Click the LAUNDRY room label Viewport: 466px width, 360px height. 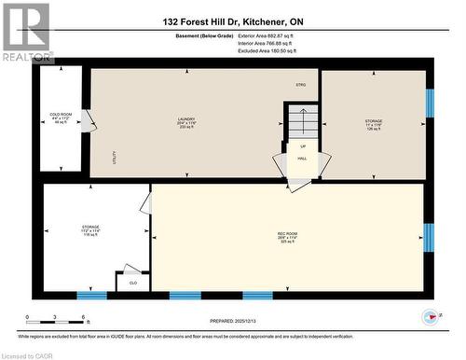coord(185,118)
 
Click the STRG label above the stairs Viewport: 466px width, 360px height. coord(300,85)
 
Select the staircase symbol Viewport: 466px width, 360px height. coord(300,119)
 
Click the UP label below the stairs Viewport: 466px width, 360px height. coord(302,146)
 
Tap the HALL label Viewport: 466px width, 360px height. coord(302,159)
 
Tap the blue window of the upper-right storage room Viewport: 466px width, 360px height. coord(430,104)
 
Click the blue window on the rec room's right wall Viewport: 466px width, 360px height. coord(429,238)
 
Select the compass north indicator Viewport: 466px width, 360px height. coord(432,317)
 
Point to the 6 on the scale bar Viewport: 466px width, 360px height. coord(85,318)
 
